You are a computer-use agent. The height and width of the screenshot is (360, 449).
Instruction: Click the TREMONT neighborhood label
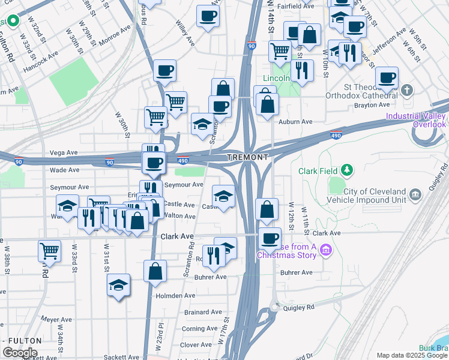247,157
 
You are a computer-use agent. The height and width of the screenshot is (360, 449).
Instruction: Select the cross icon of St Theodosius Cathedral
407,91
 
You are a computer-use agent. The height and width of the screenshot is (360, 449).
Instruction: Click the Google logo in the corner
20,353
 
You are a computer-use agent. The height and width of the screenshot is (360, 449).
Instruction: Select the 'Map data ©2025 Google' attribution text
411,355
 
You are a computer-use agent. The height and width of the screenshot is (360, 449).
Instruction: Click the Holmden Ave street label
175,295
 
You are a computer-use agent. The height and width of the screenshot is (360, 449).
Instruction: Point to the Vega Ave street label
64,153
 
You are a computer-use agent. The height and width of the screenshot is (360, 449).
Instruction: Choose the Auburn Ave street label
296,122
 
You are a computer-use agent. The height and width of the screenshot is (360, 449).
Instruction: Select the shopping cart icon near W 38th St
49,250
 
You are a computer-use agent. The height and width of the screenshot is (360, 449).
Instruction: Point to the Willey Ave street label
184,35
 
